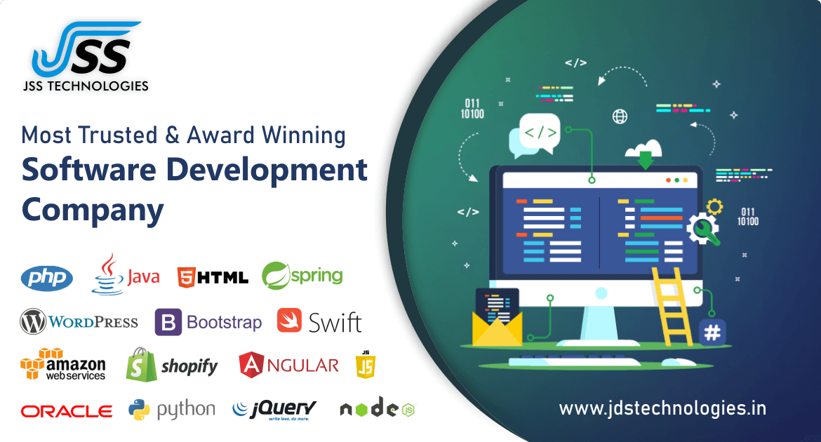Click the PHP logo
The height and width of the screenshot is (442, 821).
[x=46, y=278]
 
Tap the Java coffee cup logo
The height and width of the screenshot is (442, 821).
[x=108, y=274]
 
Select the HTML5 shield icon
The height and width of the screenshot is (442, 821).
[x=187, y=277]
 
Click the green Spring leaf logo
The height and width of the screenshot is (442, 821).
[x=276, y=276]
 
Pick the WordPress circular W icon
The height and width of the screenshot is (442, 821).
[x=33, y=321]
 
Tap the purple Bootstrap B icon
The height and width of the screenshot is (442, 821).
[x=168, y=322]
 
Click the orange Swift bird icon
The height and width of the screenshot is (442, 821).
[x=290, y=321]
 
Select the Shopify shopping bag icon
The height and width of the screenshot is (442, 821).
[x=141, y=365]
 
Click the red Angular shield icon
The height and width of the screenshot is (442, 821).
[x=251, y=365]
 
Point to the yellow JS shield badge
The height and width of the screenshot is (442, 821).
[x=366, y=365]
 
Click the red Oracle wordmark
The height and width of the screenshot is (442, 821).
[x=67, y=412]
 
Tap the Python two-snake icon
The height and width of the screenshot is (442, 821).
[x=139, y=410]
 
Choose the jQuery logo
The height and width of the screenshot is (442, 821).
[x=274, y=410]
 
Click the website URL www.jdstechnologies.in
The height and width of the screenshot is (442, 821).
[x=662, y=408]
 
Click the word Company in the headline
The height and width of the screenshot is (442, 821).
[x=93, y=210]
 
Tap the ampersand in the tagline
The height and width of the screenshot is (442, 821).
[x=172, y=135]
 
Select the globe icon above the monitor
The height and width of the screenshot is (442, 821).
[x=620, y=116]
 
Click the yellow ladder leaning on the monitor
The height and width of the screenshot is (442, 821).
[x=672, y=307]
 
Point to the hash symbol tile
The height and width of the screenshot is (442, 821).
[x=712, y=333]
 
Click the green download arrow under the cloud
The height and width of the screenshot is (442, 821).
[x=646, y=160]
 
